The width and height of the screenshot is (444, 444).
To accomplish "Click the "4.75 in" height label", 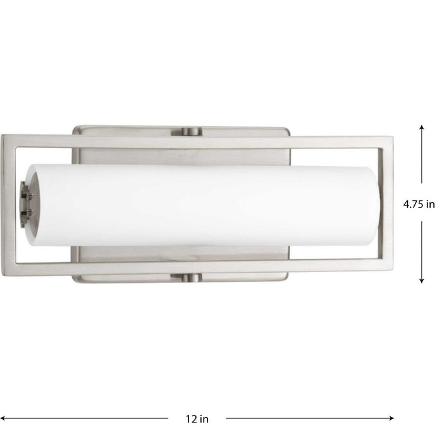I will pyautogui.click(x=419, y=204).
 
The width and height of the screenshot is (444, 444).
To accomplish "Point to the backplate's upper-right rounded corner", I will pyautogui.click(x=285, y=129).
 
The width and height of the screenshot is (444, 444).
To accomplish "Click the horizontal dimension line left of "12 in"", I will pyautogui.click(x=89, y=417).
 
